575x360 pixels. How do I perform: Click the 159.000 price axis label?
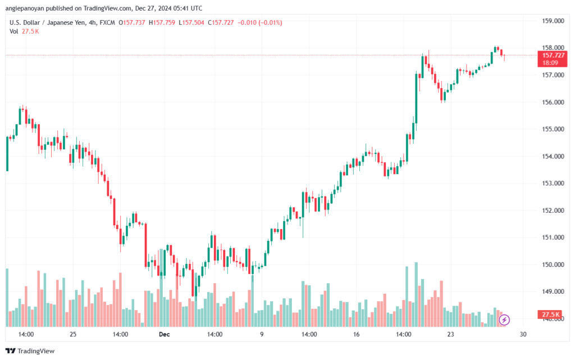[552, 21]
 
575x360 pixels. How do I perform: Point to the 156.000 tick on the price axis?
[552, 102]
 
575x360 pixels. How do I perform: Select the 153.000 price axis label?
[552, 183]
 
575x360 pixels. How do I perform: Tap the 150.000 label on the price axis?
[552, 265]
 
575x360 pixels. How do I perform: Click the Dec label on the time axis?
[164, 334]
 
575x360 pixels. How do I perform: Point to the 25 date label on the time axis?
[73, 334]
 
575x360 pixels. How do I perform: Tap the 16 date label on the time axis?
[356, 334]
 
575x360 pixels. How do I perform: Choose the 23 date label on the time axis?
[450, 334]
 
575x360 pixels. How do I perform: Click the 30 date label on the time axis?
[523, 334]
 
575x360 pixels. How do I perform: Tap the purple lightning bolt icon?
[504, 320]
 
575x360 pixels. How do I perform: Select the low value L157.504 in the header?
[188, 22]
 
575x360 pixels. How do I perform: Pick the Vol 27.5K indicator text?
[24, 31]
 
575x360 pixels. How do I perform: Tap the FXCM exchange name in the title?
[107, 22]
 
